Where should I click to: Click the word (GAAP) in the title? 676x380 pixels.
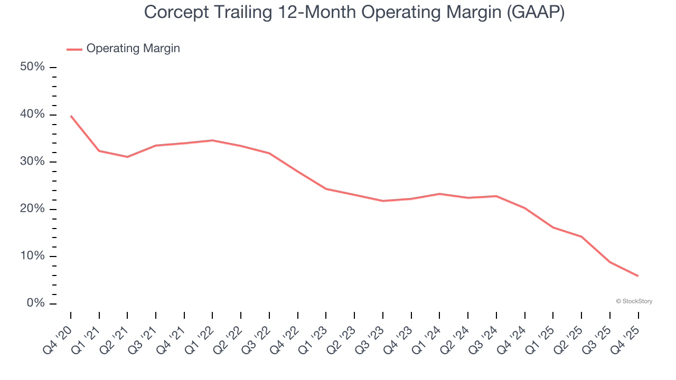point(534,13)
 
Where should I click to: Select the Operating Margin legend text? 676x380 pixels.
point(133,49)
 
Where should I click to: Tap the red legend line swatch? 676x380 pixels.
point(74,49)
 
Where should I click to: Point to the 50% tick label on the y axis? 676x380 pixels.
point(32,67)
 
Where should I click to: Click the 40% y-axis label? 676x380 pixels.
point(32,115)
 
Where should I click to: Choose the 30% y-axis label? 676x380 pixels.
point(32,161)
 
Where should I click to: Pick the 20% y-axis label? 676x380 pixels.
point(32,209)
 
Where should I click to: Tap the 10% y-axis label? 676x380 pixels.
point(32,256)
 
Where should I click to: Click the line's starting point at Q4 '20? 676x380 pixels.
point(71,116)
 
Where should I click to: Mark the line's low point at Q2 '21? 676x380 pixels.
point(127,157)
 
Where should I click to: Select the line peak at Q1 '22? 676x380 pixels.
point(212,140)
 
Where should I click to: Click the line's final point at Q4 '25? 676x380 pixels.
point(638,276)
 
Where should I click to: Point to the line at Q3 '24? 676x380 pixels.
point(496,196)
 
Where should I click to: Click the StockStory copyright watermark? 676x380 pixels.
point(634,301)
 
